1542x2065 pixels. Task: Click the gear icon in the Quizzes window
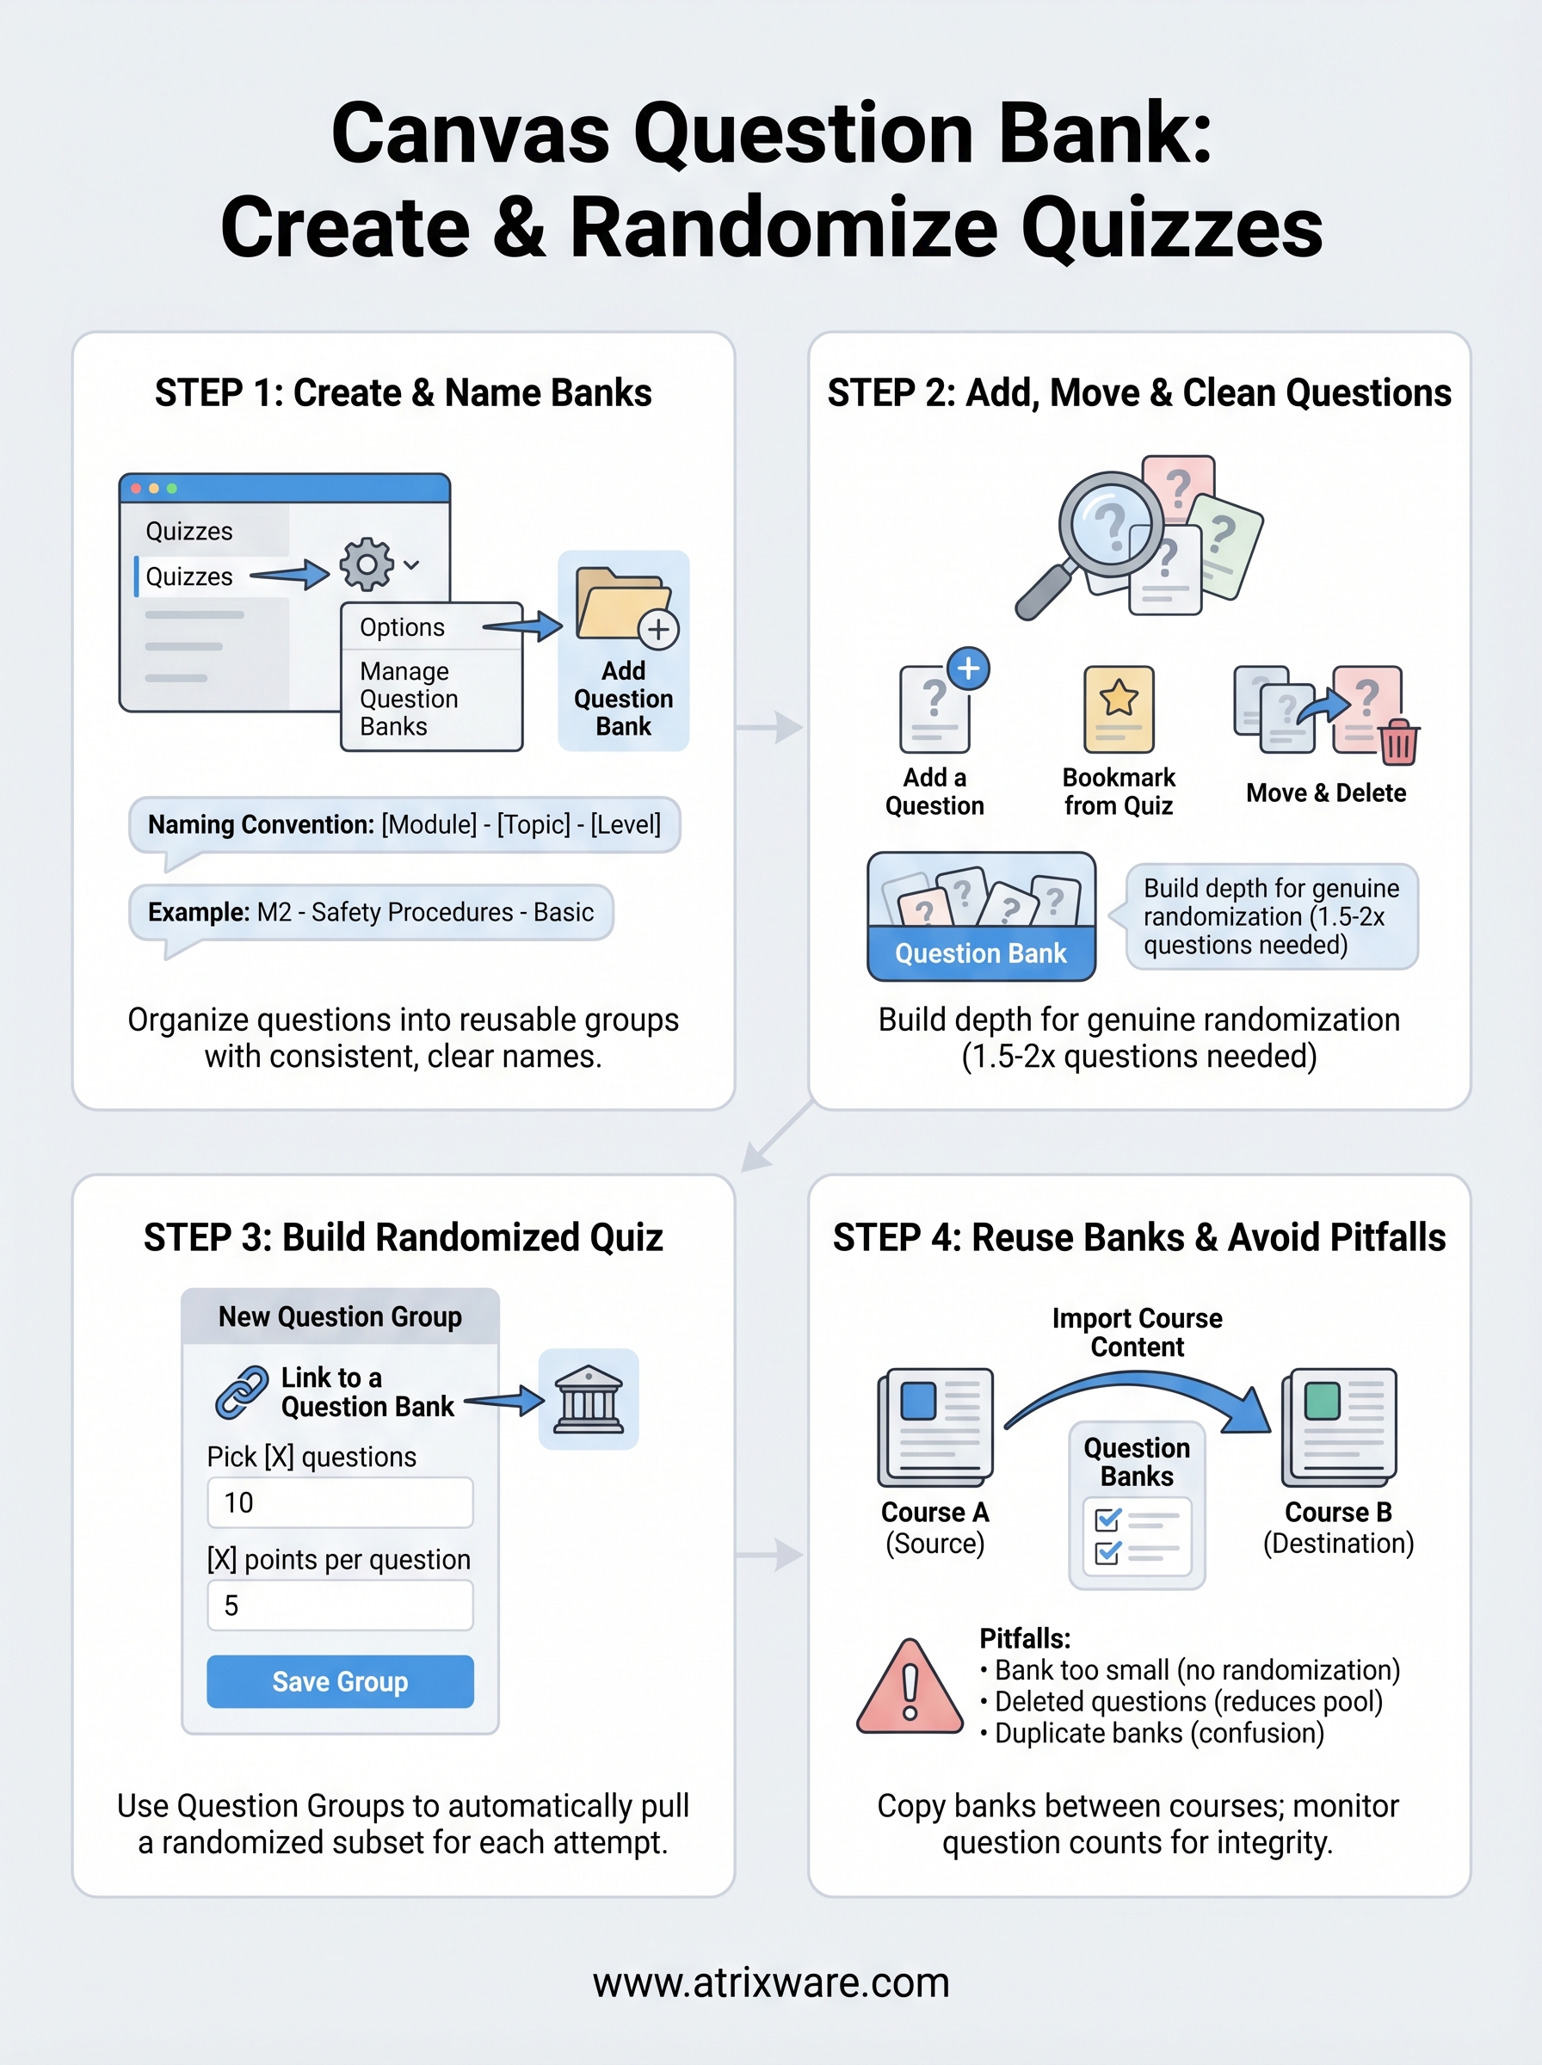pyautogui.click(x=367, y=564)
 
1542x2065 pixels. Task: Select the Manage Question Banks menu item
pyautogui.click(x=409, y=699)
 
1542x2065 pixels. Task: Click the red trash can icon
pyautogui.click(x=1398, y=743)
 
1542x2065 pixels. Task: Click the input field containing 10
pyautogui.click(x=340, y=1502)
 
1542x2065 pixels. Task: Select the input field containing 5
pyautogui.click(x=340, y=1605)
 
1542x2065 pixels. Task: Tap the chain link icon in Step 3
pyautogui.click(x=242, y=1392)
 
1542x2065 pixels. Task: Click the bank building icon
pyautogui.click(x=588, y=1400)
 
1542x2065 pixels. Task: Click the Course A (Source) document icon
pyautogui.click(x=935, y=1427)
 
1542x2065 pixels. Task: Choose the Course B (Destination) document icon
pyautogui.click(x=1340, y=1427)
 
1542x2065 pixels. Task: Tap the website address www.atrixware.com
pyautogui.click(x=771, y=1983)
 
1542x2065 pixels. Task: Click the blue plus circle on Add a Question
pyautogui.click(x=969, y=669)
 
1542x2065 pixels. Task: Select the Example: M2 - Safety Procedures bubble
pyautogui.click(x=371, y=912)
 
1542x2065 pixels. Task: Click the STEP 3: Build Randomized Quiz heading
pyautogui.click(x=404, y=1237)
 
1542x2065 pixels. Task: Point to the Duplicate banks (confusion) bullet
pyautogui.click(x=1158, y=1734)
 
